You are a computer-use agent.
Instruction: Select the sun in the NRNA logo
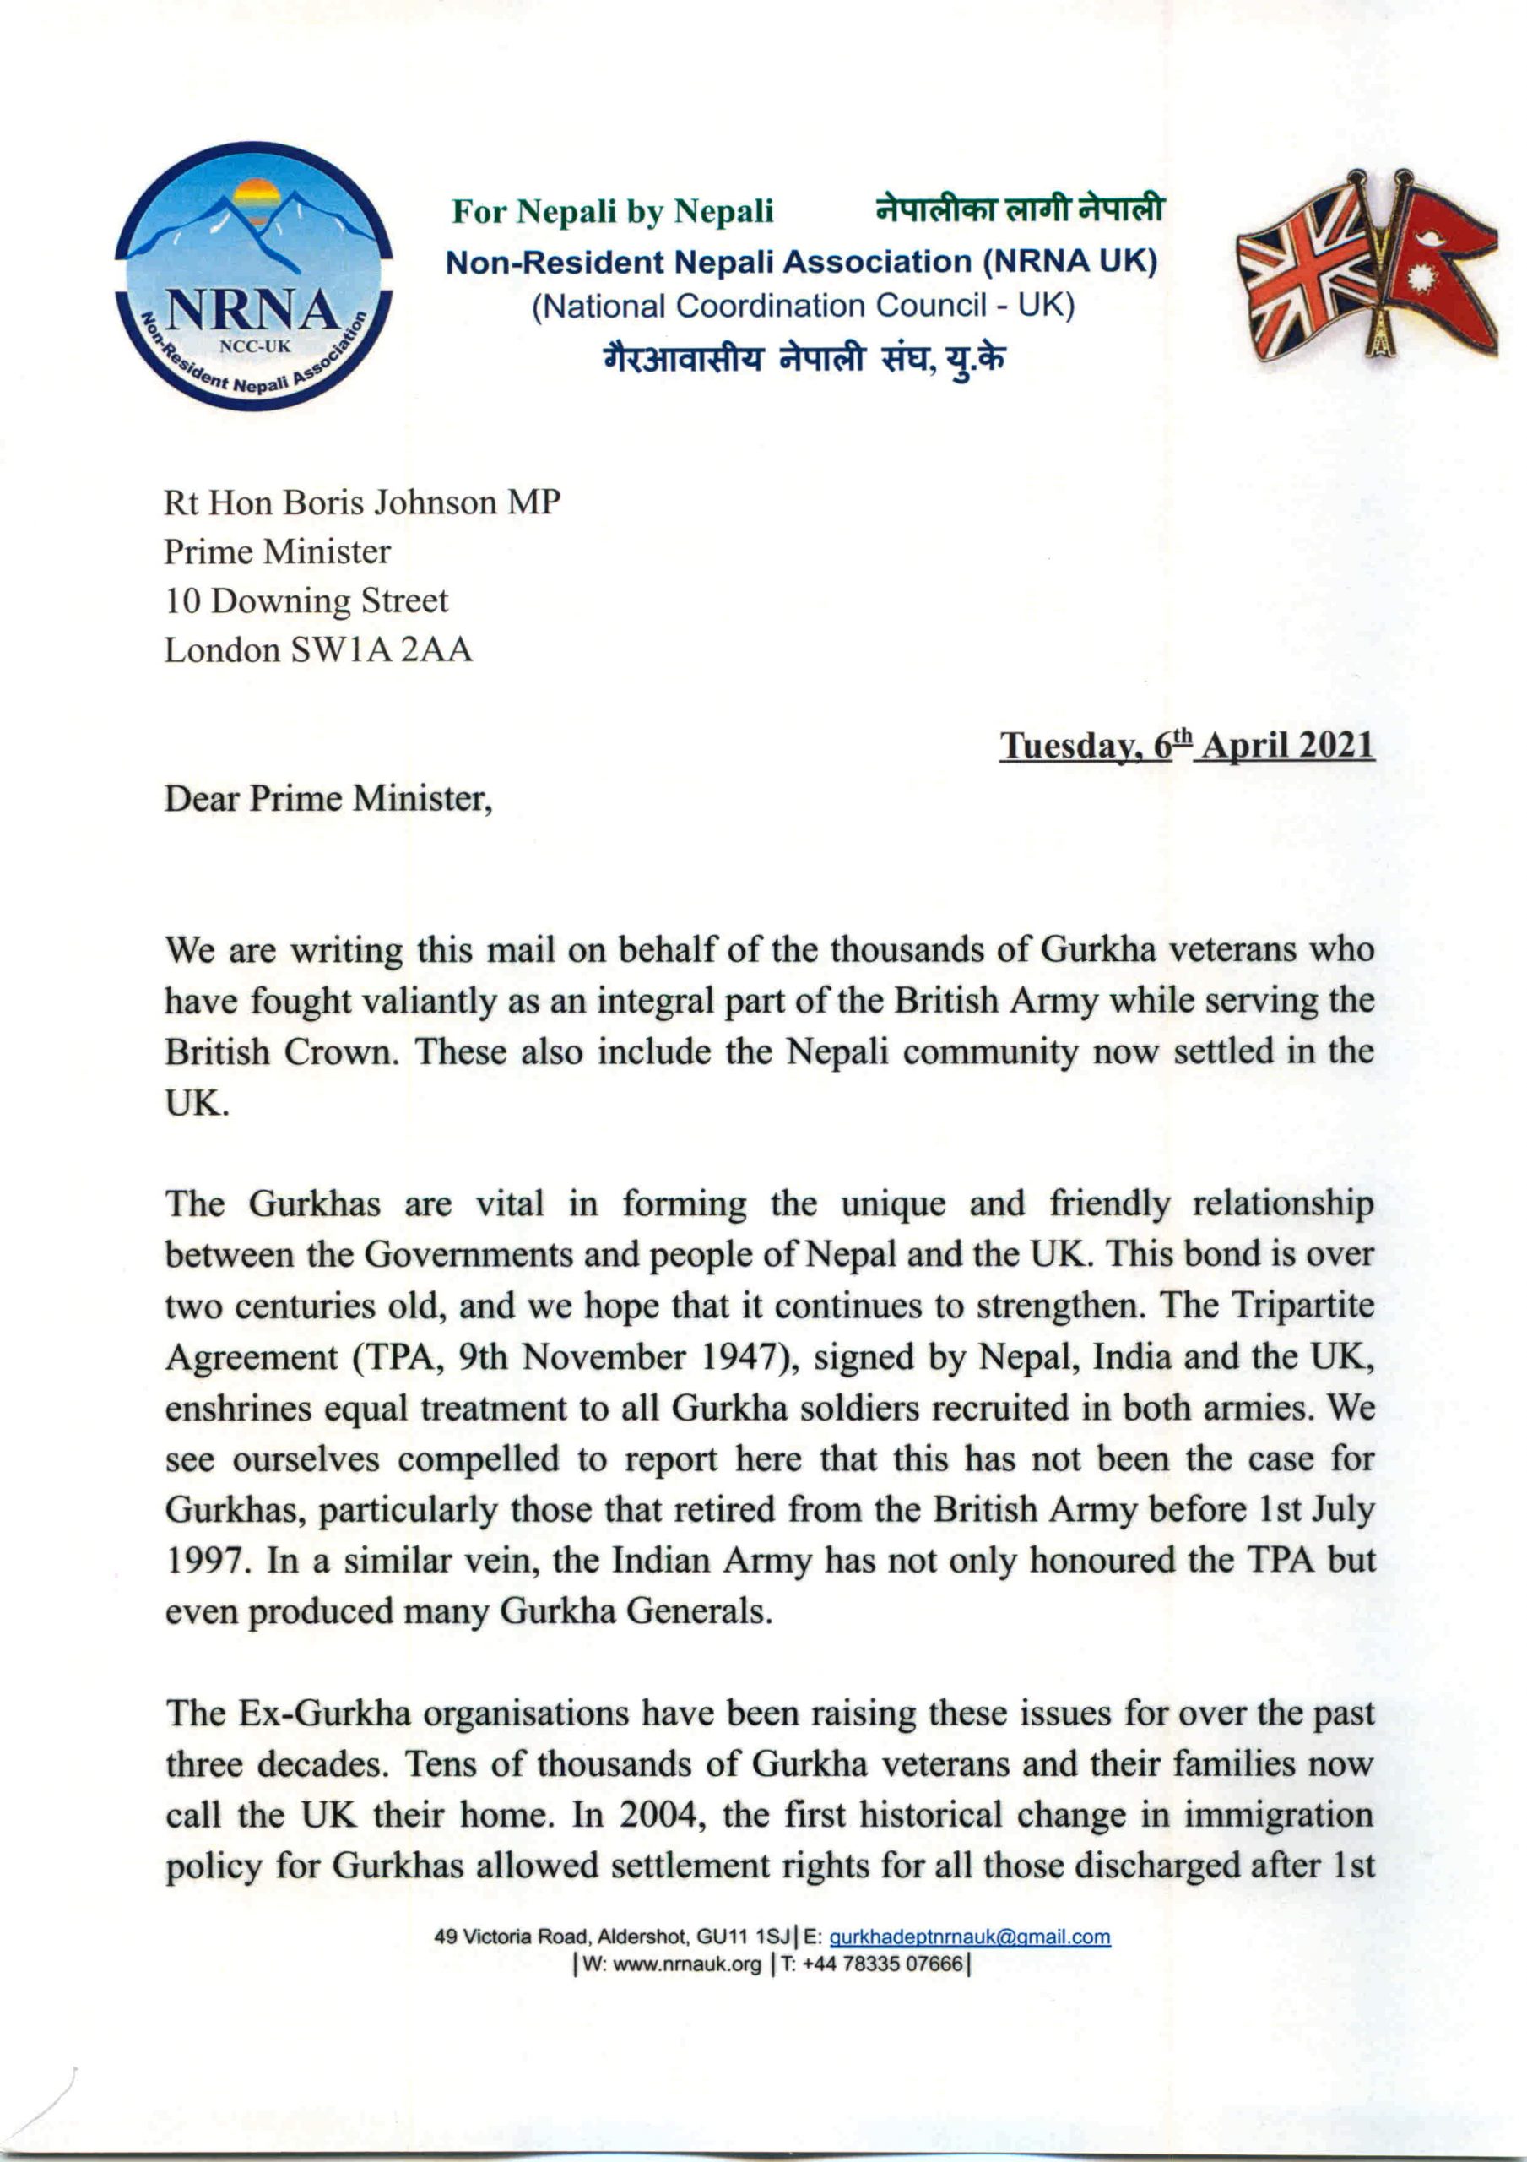point(256,199)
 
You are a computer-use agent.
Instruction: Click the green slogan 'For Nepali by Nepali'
point(613,212)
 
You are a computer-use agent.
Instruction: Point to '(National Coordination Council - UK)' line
point(802,306)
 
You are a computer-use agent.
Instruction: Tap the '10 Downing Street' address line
point(306,600)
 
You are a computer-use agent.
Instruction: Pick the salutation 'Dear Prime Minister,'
point(328,799)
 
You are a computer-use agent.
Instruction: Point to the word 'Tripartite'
point(1303,1306)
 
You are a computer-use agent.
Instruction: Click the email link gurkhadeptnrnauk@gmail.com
point(970,1938)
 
